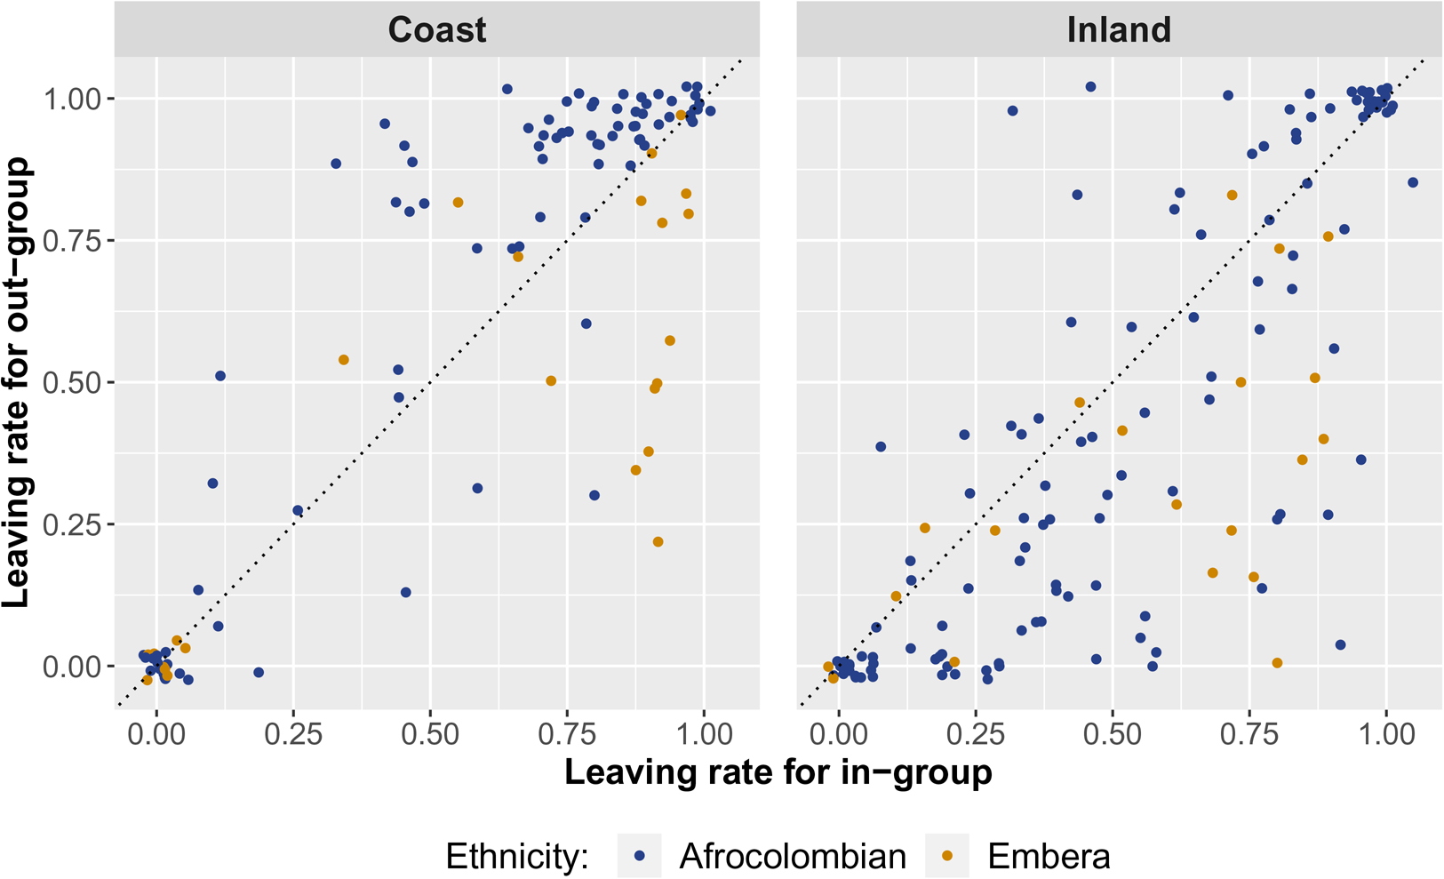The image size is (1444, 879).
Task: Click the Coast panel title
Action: (436, 30)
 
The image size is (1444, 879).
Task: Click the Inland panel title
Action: (1118, 30)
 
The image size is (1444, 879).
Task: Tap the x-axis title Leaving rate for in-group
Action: (778, 771)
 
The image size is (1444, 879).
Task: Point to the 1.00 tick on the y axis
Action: (72, 98)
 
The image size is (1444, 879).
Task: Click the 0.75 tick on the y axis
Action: (72, 240)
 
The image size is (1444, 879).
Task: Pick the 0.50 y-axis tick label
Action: (72, 382)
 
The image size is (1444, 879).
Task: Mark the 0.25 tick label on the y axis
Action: (72, 524)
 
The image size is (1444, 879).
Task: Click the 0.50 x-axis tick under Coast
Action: (430, 734)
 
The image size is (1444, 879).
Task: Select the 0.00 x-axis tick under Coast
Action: (156, 734)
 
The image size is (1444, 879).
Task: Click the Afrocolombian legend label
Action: (793, 857)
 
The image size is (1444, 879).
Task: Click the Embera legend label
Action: (1049, 857)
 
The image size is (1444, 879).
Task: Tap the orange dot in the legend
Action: (947, 856)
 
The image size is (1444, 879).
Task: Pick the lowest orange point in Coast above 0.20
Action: (658, 542)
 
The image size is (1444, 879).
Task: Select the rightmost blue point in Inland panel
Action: (1413, 183)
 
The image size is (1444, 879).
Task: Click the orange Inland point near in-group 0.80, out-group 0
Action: (1277, 663)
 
